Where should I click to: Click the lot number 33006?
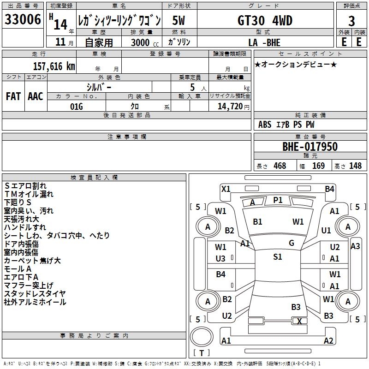23,20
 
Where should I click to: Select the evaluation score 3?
351,21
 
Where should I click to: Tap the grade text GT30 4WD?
265,21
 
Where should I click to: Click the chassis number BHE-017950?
310,147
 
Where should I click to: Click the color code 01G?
76,107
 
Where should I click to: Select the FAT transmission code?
13,96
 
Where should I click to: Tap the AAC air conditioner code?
36,96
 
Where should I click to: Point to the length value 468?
280,166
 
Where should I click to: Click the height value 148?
355,166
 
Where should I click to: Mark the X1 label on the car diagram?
226,189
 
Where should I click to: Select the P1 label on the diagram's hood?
278,200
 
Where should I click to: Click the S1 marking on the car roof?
278,257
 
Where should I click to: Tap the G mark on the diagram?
291,243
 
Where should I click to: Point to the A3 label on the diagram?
355,246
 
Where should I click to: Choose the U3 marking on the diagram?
221,259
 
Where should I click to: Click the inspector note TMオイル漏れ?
29,194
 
